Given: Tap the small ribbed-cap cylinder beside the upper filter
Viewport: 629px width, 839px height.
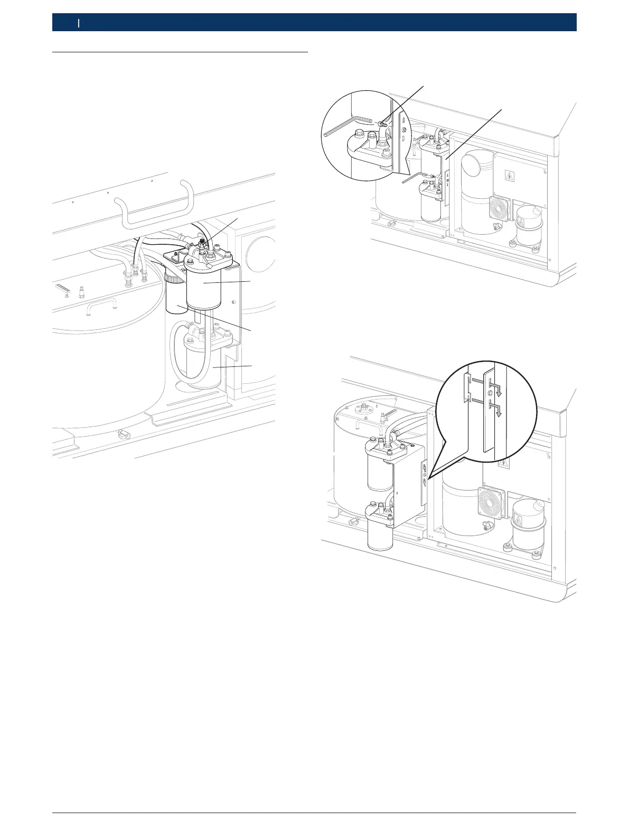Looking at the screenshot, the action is [175, 296].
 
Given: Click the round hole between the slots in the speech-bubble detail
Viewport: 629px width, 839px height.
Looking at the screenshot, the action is [490, 394].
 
